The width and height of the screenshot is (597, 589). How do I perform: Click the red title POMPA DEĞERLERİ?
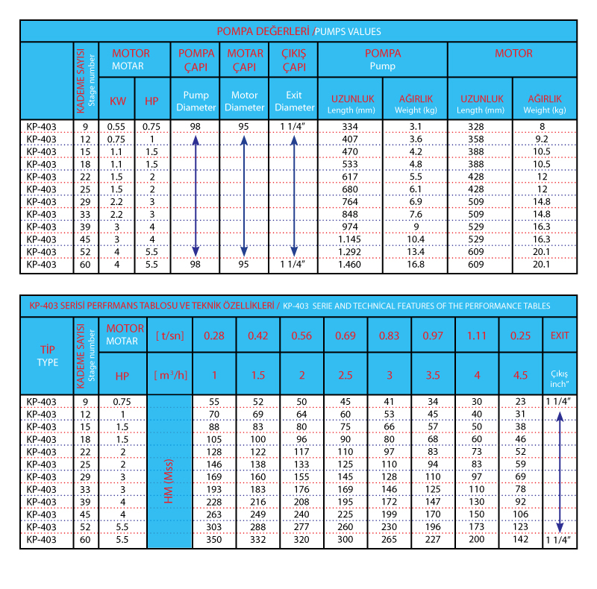coord(263,31)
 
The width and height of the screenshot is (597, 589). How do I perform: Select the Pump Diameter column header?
coord(196,101)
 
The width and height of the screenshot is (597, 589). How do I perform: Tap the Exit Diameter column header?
coord(294,101)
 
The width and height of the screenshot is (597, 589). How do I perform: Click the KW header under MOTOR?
coord(118,101)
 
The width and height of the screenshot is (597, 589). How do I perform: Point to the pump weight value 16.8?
coord(416,264)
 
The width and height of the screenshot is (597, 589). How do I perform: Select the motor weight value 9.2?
coord(543,139)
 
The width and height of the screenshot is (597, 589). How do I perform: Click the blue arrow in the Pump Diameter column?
coord(196,195)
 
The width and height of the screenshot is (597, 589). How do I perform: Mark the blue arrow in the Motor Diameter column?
coord(245,195)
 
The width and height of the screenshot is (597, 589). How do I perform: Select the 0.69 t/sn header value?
coord(346,336)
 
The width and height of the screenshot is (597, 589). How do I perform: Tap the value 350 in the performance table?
coord(215,539)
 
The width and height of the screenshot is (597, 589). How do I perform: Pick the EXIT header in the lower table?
coord(560,336)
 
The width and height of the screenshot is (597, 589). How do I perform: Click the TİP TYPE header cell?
coord(47,355)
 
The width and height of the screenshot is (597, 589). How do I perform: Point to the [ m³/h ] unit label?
coord(170,374)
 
